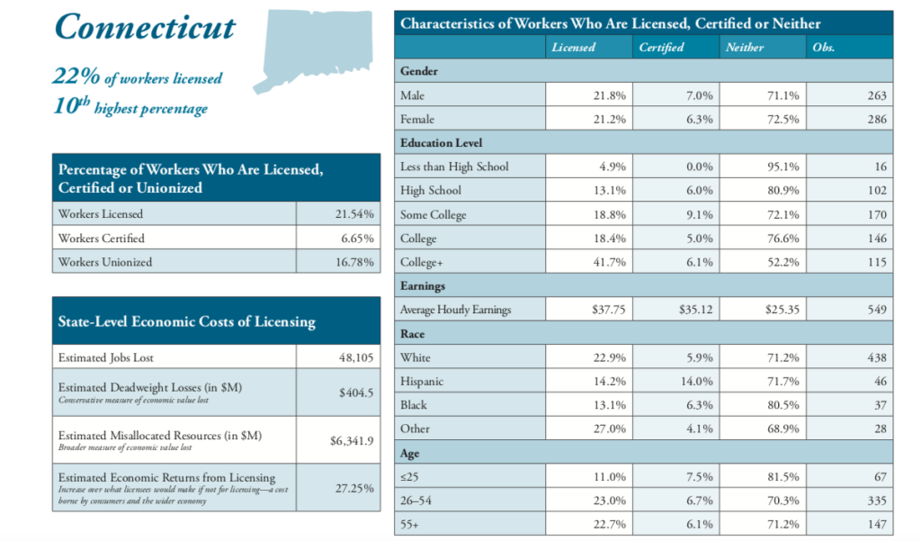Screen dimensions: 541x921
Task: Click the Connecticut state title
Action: (145, 28)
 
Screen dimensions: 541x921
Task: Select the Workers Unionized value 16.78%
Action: (355, 262)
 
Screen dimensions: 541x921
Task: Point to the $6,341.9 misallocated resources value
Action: (353, 441)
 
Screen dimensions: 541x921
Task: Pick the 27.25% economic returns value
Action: (356, 488)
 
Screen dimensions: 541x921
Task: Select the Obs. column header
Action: (823, 48)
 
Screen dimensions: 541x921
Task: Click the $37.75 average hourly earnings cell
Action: (609, 310)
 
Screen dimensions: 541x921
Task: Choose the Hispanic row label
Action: (422, 382)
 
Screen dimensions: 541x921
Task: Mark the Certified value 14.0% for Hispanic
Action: (694, 382)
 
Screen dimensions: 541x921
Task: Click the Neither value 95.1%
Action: (781, 167)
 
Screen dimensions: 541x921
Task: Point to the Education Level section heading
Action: (442, 142)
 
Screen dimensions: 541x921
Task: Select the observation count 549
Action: (876, 310)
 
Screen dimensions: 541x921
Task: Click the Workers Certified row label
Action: (101, 239)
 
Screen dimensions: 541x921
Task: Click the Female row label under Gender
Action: (417, 119)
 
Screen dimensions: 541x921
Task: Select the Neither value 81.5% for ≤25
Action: (781, 477)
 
